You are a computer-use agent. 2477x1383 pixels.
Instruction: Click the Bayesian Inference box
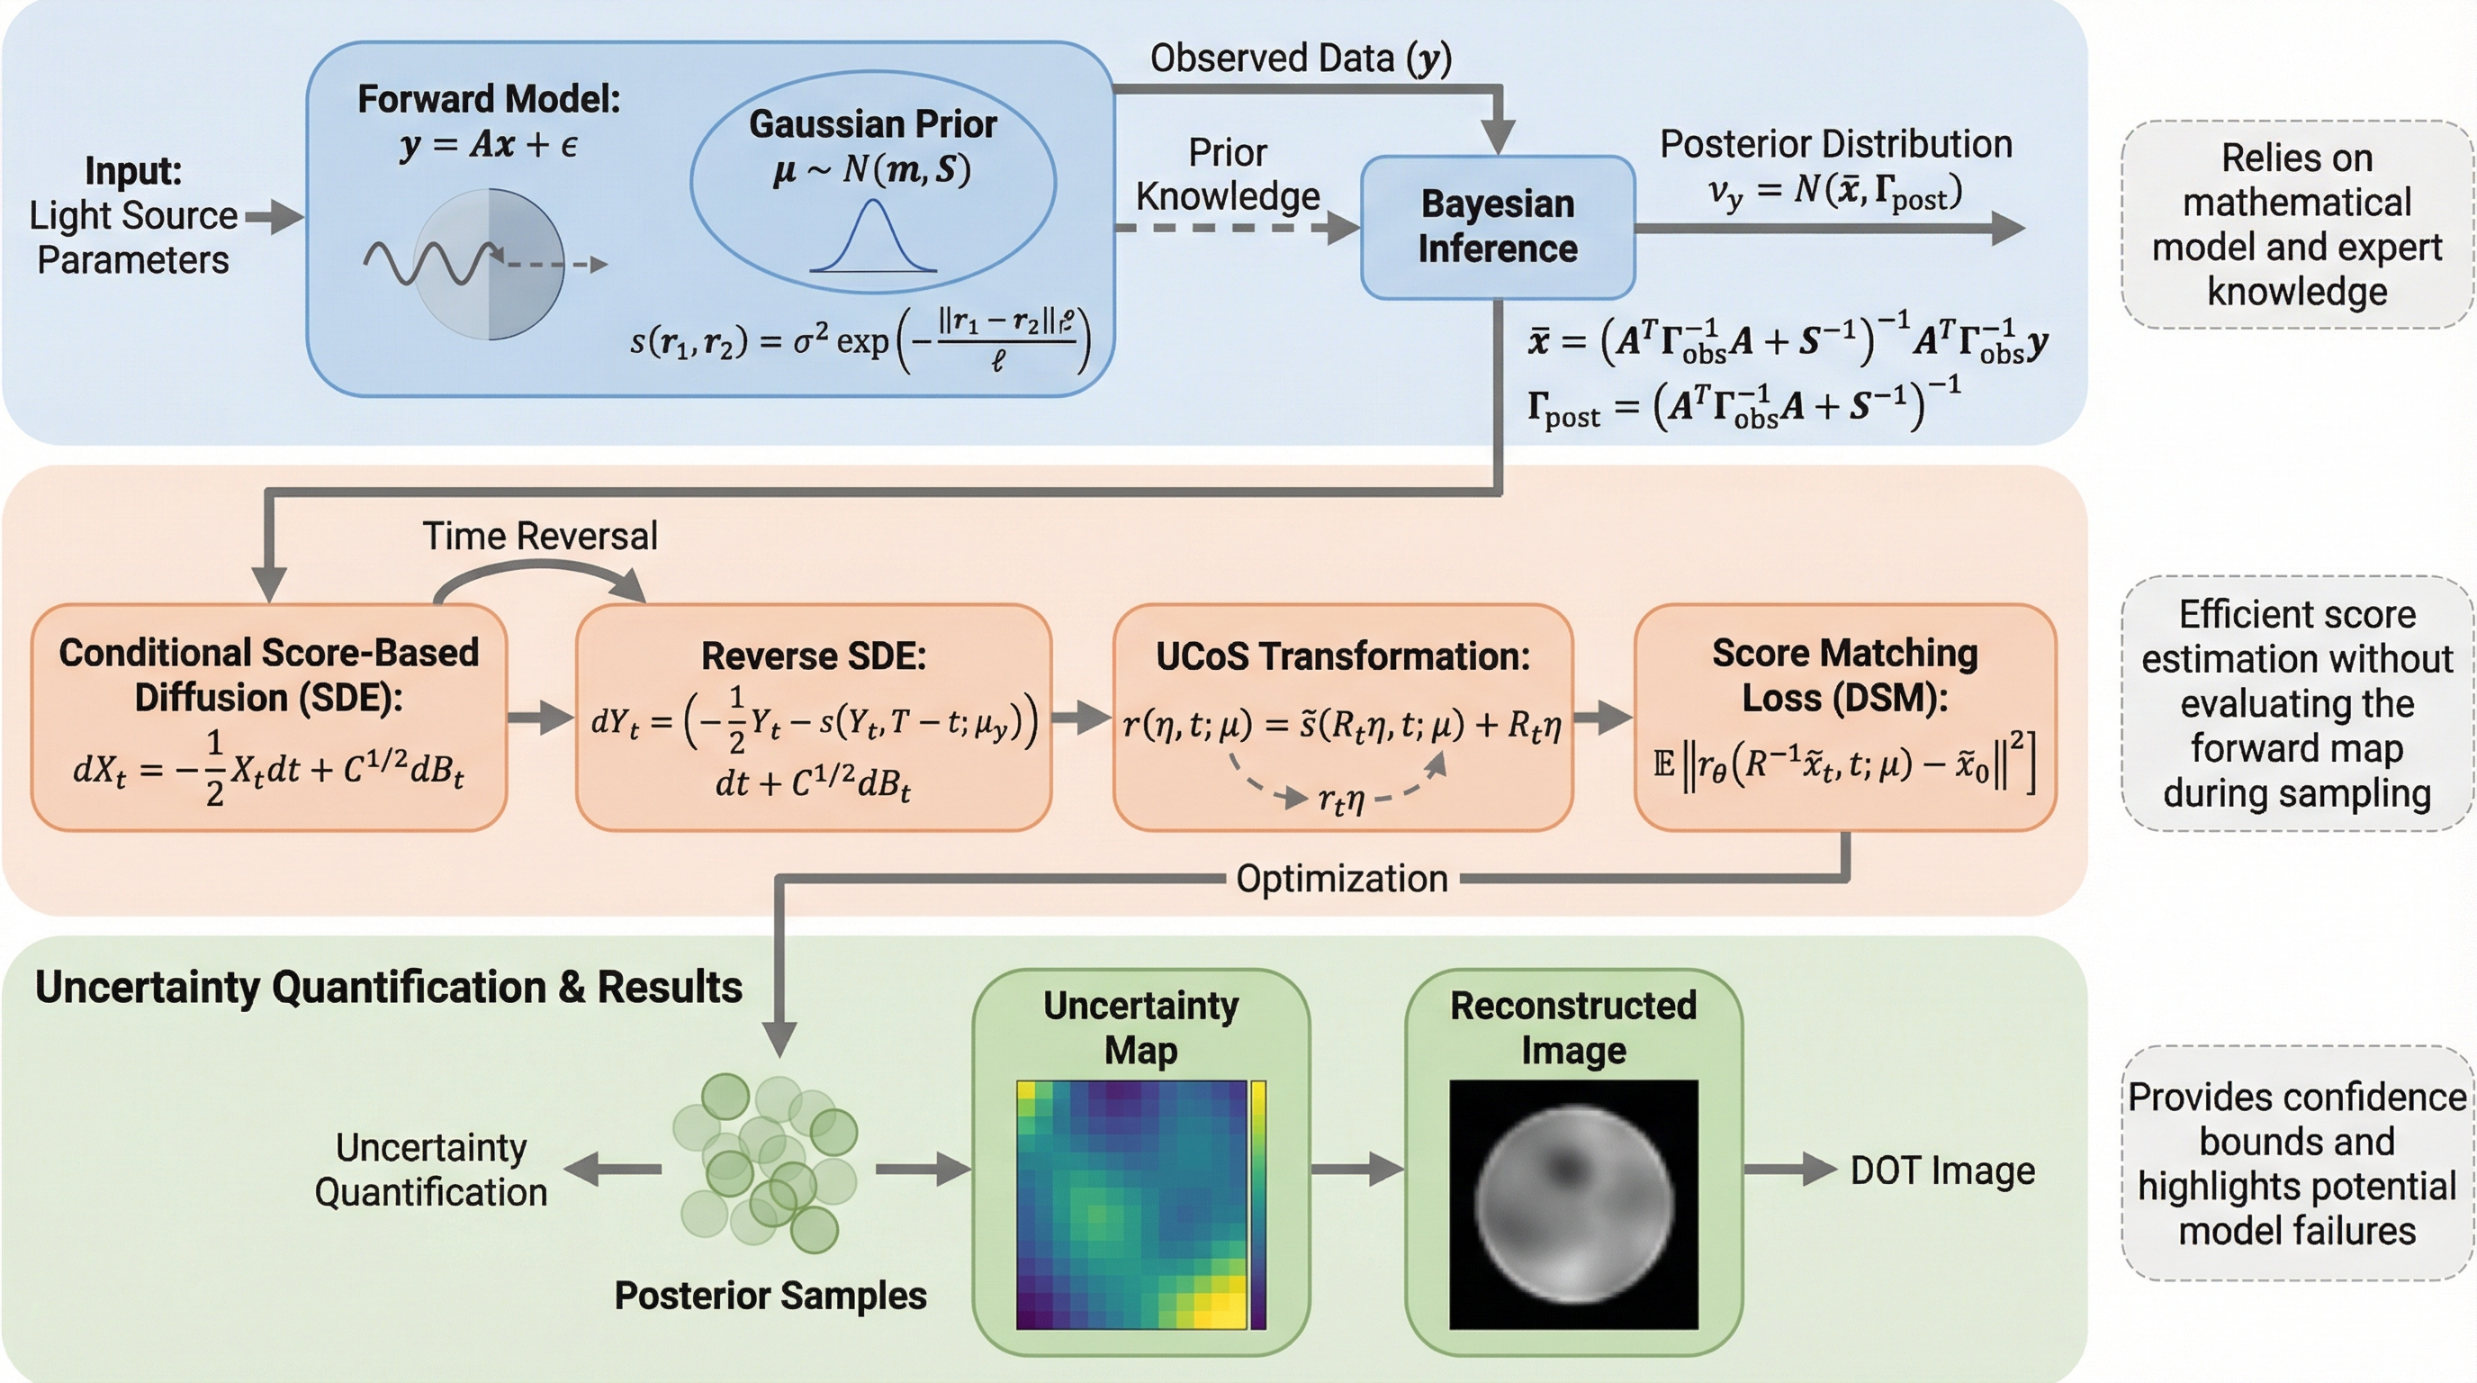(x=1497, y=227)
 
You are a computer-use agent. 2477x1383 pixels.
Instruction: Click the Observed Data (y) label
(x=1300, y=59)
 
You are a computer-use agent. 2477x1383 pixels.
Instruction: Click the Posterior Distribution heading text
(x=1835, y=144)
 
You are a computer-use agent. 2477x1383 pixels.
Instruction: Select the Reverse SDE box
(x=813, y=717)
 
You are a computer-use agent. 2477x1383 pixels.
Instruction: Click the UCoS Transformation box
(x=1342, y=717)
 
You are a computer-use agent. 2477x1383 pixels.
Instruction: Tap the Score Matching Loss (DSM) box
(x=1844, y=717)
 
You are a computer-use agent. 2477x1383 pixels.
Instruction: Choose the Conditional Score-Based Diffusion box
(x=268, y=717)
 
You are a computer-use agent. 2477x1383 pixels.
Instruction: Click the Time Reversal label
(x=539, y=536)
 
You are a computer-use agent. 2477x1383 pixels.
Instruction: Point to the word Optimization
(x=1341, y=878)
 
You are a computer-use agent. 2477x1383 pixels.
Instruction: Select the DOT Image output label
(x=1942, y=1171)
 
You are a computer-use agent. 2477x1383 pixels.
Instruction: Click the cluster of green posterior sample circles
(x=765, y=1163)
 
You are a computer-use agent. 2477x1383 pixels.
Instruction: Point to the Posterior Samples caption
(x=770, y=1296)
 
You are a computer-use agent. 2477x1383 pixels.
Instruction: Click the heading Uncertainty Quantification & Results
(x=389, y=988)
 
